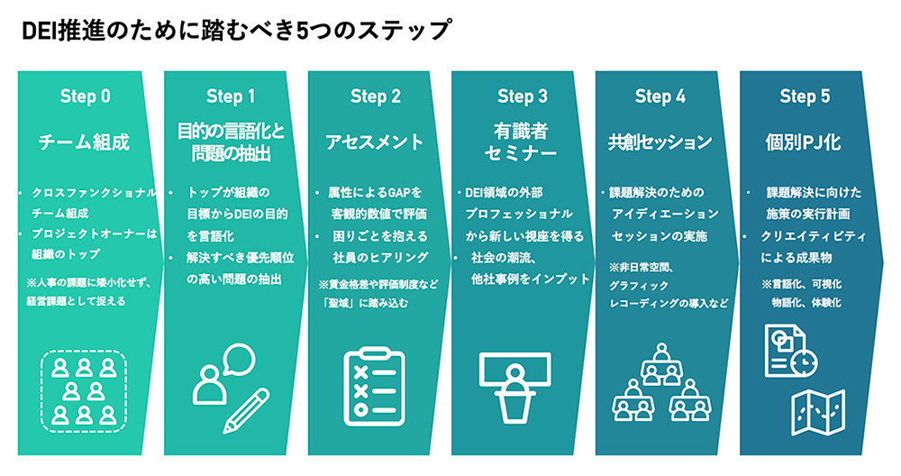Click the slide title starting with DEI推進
pos(236,31)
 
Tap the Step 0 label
pos(86,96)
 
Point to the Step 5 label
pos(805,96)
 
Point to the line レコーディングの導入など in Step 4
pos(667,303)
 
